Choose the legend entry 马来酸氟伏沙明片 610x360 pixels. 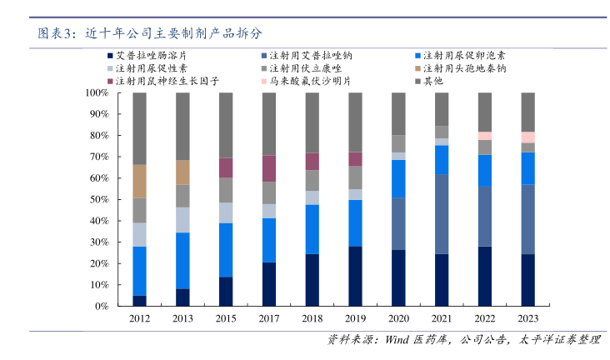click(x=312, y=82)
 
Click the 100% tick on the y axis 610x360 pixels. click(x=96, y=92)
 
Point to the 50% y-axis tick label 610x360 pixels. click(x=98, y=199)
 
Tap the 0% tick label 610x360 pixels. click(x=101, y=306)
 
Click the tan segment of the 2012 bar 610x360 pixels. click(x=139, y=181)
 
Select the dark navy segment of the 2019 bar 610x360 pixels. click(x=355, y=276)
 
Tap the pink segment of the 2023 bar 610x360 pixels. click(x=527, y=137)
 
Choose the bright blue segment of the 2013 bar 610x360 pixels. click(x=182, y=261)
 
